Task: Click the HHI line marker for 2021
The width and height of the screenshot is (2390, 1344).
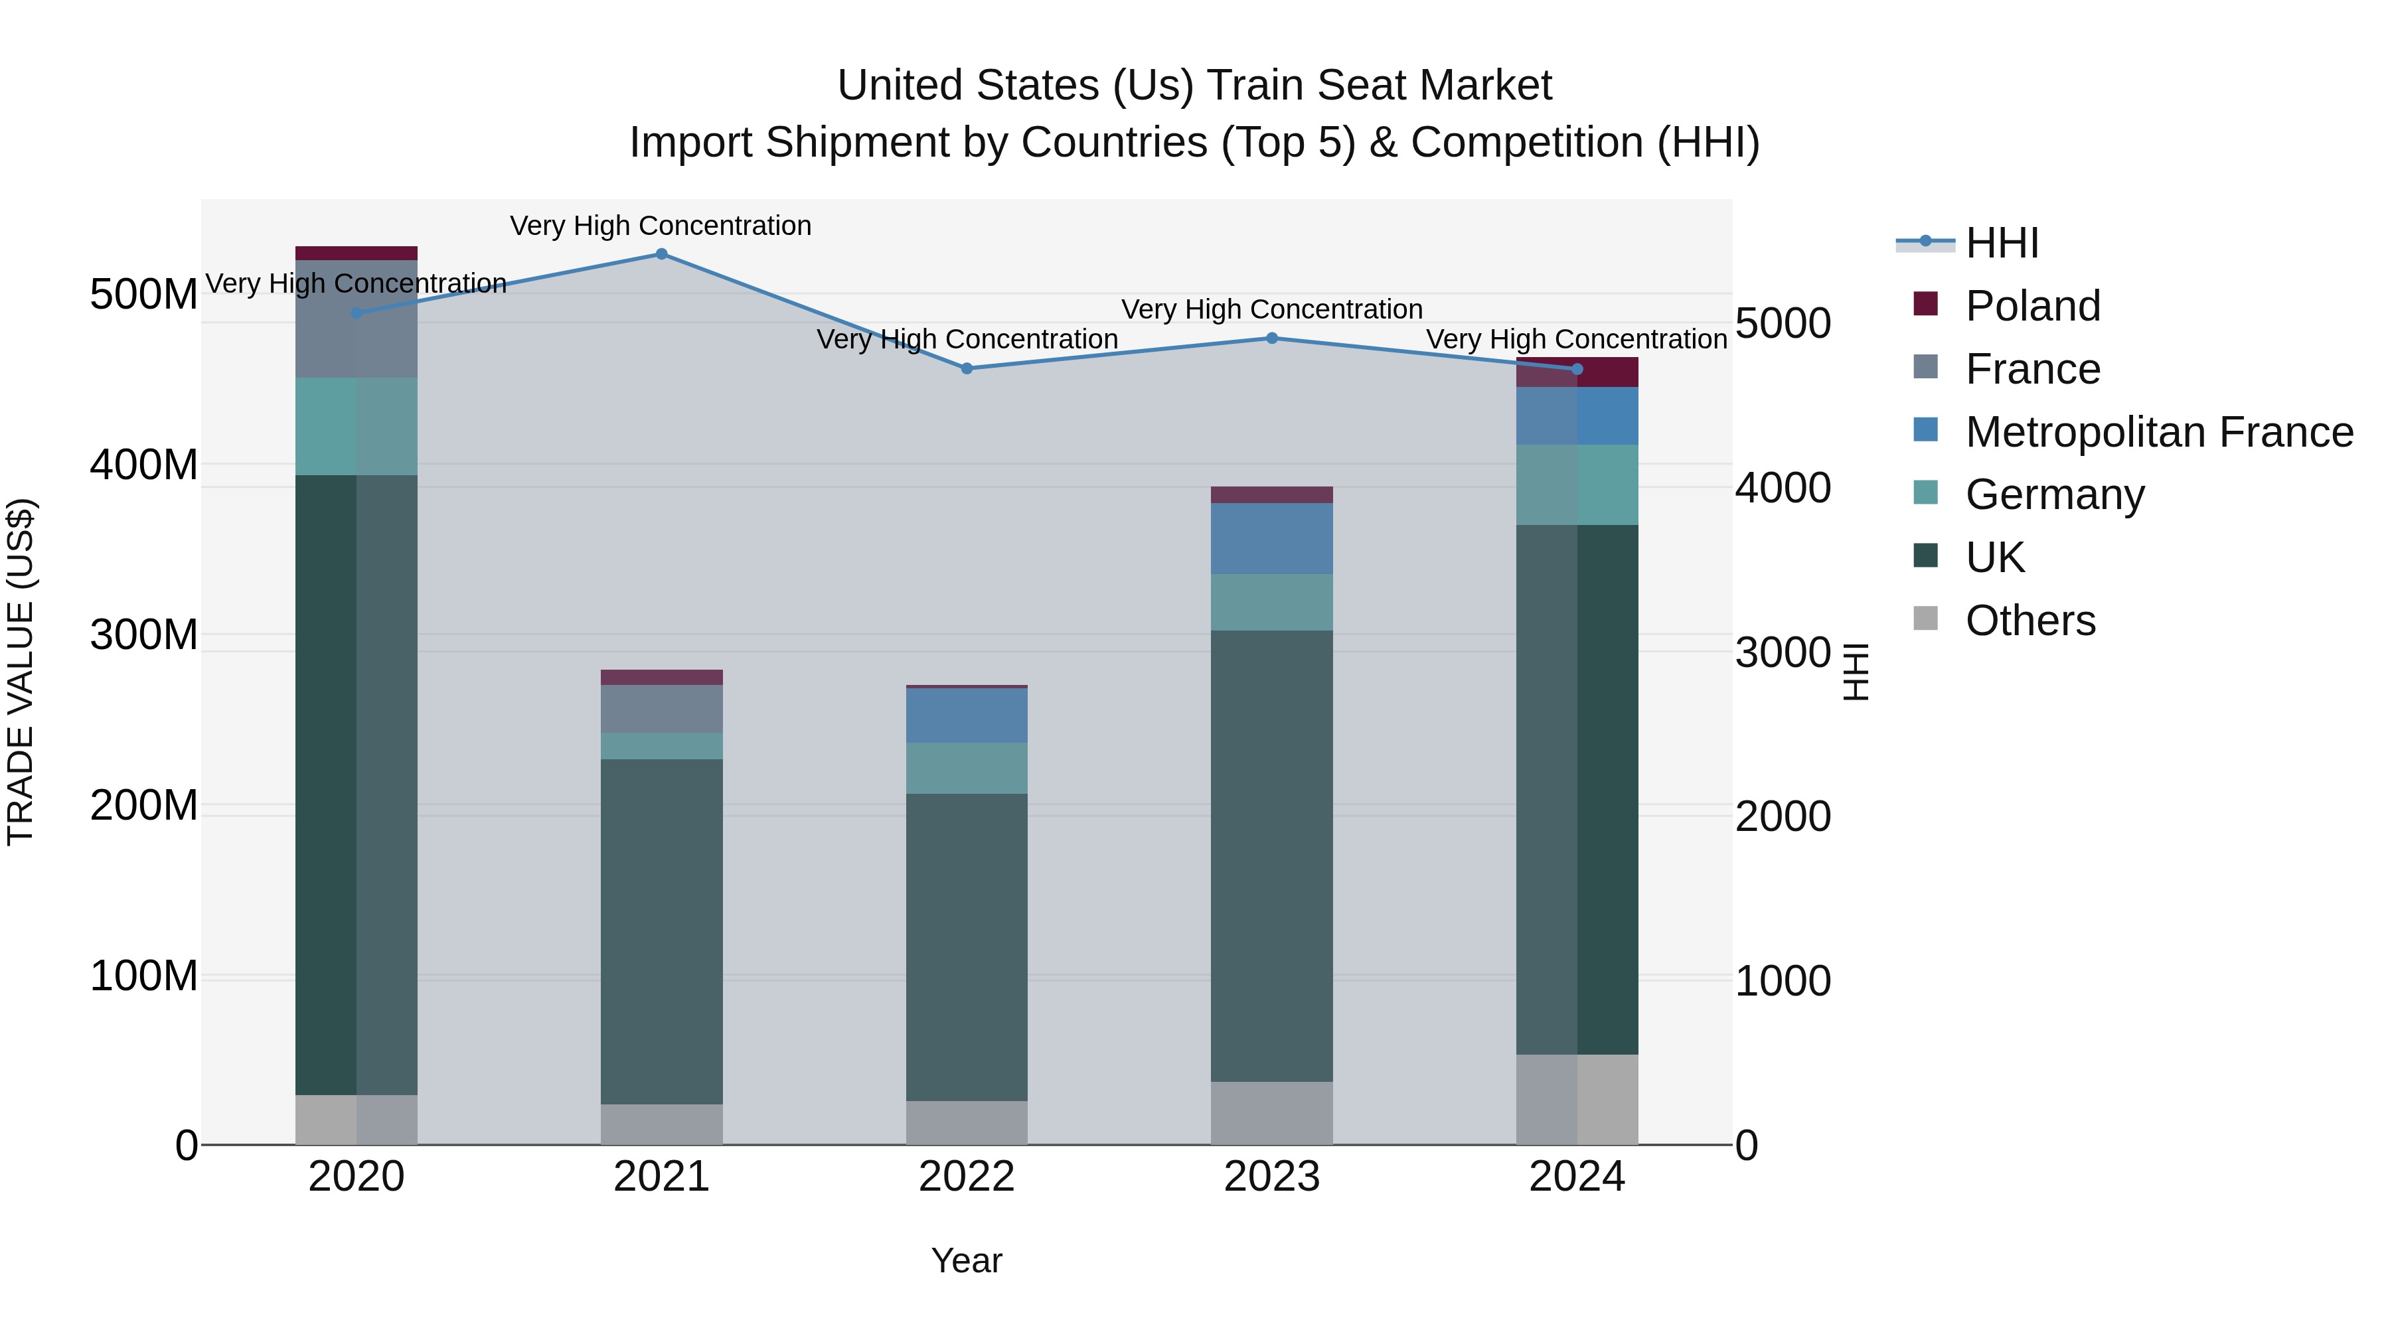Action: [661, 254]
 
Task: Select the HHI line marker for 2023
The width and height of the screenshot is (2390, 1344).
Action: [1272, 338]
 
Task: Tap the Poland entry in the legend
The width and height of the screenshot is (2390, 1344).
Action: [2032, 306]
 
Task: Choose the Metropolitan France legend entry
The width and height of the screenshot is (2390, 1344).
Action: [2158, 432]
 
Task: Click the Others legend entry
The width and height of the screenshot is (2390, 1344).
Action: [2030, 621]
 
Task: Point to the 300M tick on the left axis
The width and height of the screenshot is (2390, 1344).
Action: [144, 635]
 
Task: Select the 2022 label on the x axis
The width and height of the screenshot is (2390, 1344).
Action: [967, 1177]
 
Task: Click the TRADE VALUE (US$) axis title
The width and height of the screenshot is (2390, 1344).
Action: [21, 672]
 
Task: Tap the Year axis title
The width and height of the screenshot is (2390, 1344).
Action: [967, 1260]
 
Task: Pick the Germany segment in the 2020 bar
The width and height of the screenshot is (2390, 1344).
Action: [357, 427]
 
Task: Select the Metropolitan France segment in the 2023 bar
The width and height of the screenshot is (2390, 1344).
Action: [1272, 539]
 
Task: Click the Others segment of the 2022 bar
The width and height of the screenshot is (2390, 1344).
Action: [967, 1122]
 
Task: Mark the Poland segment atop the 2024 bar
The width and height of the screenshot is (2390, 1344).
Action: [1577, 371]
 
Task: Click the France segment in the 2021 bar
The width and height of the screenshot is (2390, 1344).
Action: [661, 709]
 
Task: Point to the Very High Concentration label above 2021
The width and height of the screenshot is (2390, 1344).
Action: [661, 226]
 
